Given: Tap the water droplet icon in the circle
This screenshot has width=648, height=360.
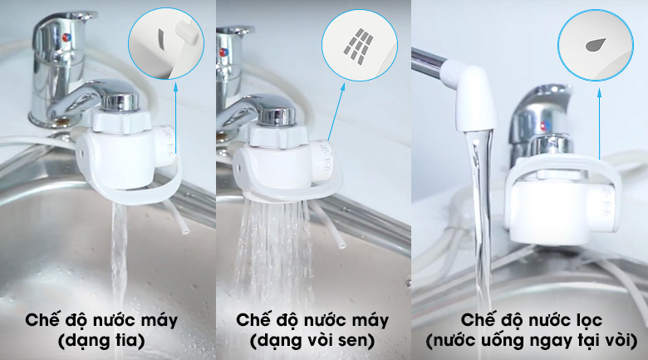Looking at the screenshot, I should pyautogui.click(x=595, y=44).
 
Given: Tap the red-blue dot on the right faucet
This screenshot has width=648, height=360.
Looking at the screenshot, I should pyautogui.click(x=542, y=126).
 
